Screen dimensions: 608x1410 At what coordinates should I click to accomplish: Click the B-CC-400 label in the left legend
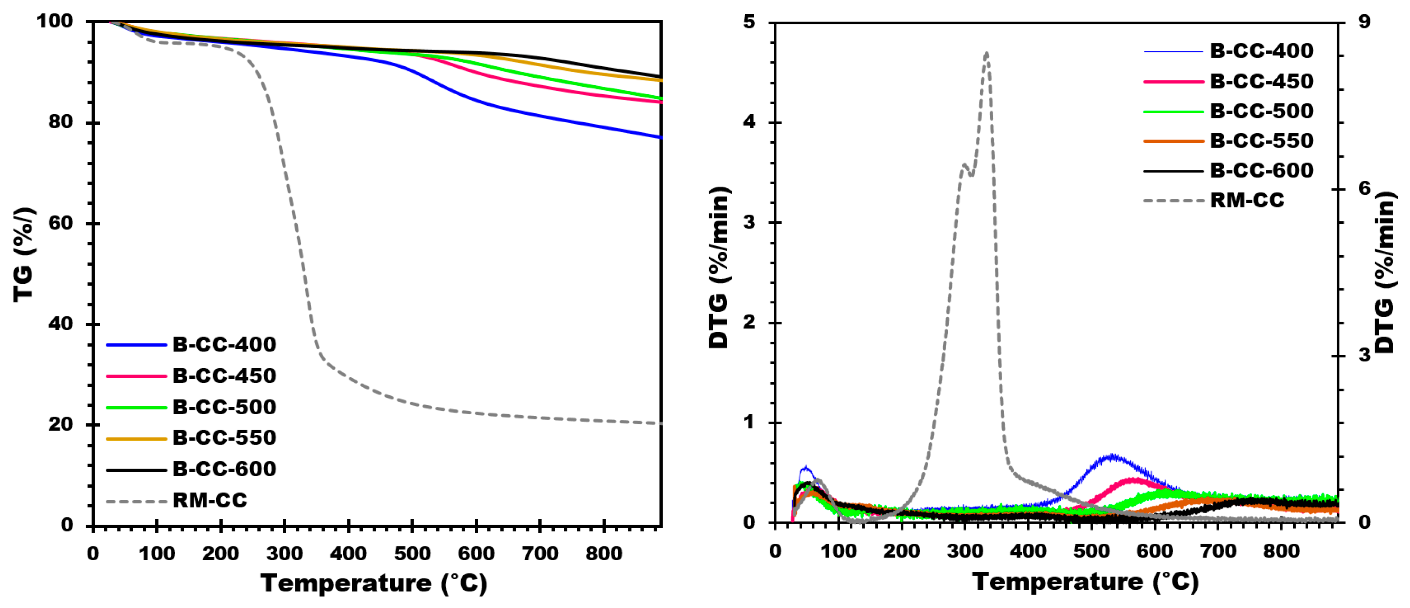pos(224,344)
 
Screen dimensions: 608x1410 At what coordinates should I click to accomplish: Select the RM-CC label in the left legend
pos(210,500)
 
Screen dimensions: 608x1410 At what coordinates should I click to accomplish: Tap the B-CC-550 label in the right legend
pos(1261,141)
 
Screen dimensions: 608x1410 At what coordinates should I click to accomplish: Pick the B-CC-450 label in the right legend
pos(1261,81)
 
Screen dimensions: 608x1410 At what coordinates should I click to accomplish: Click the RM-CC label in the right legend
pos(1247,200)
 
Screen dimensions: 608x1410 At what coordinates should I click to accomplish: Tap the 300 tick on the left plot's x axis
pos(284,554)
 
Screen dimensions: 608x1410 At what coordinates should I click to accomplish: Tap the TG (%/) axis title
pos(24,255)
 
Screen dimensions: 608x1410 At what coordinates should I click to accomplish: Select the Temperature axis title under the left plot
pos(374,584)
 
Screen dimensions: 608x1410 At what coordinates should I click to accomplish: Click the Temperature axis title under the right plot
pos(1085,582)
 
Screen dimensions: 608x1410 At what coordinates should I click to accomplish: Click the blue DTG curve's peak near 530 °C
pos(1111,456)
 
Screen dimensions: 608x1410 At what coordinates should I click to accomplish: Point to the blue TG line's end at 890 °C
pos(661,137)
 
